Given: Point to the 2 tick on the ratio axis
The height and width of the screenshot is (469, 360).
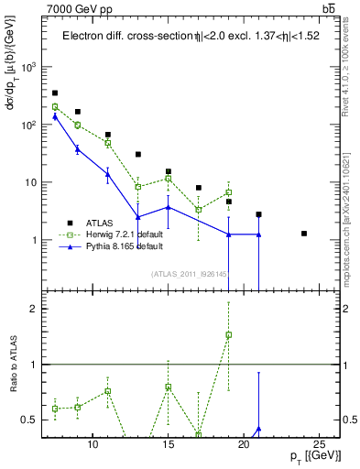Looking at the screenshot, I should [x=31, y=309].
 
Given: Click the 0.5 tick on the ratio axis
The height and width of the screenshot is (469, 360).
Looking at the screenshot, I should [x=27, y=420].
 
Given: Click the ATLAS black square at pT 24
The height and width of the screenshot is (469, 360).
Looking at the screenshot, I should [x=304, y=234].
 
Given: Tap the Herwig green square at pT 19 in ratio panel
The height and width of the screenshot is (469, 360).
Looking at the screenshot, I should [x=228, y=334].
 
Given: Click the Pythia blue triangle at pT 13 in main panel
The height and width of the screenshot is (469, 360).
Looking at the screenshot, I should [x=137, y=217].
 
